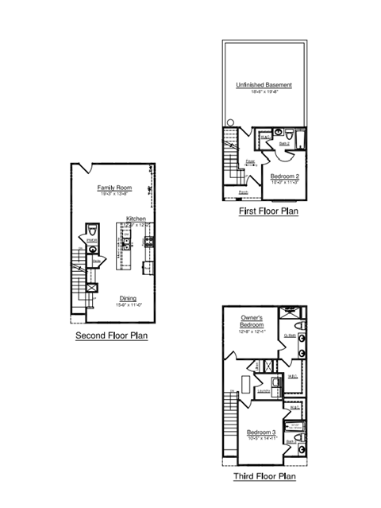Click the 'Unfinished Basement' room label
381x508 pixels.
(264, 85)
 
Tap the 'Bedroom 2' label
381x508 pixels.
(284, 176)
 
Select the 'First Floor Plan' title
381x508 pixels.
(268, 211)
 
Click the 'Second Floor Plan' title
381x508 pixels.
(112, 335)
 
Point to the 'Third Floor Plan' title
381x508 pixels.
(264, 476)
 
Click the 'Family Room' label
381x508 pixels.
(114, 188)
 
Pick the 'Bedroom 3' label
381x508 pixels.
(262, 432)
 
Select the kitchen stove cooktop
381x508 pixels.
(148, 242)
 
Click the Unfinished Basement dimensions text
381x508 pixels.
(264, 92)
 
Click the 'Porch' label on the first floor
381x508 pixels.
(243, 192)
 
